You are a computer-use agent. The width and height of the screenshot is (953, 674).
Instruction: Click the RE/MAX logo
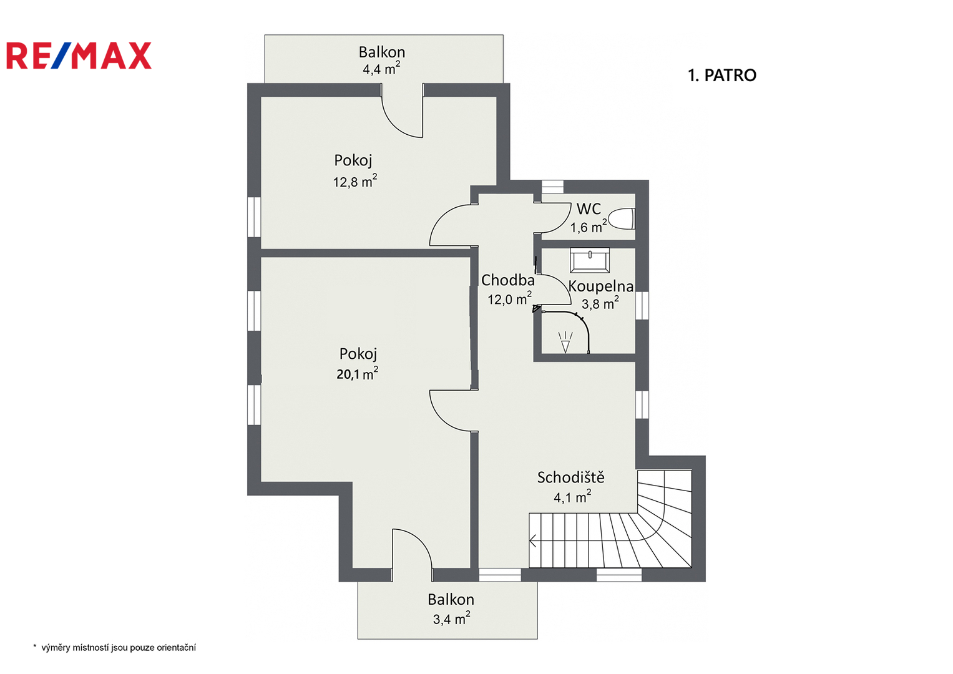pyautogui.click(x=79, y=56)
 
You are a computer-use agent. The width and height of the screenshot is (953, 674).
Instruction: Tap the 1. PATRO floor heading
pyautogui.click(x=722, y=76)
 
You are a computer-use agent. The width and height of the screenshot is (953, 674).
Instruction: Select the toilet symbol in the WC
pyautogui.click(x=622, y=219)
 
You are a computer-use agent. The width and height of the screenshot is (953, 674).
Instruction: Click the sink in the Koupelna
pyautogui.click(x=590, y=260)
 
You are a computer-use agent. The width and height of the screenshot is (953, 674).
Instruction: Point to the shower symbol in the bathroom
pyautogui.click(x=565, y=342)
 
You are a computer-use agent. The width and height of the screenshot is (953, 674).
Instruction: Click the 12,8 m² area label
pyautogui.click(x=355, y=181)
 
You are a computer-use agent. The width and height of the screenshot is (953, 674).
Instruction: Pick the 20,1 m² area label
pyautogui.click(x=358, y=373)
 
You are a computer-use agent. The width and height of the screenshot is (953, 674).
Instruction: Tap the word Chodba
pyautogui.click(x=507, y=280)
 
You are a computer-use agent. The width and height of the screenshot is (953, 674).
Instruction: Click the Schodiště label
pyautogui.click(x=570, y=477)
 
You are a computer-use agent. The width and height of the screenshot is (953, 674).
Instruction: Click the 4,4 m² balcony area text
pyautogui.click(x=381, y=68)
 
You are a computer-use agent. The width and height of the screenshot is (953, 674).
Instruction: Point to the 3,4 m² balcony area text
pyautogui.click(x=451, y=618)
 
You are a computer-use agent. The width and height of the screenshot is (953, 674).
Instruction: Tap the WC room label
pyautogui.click(x=589, y=208)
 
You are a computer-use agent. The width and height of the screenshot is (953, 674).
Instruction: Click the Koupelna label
pyautogui.click(x=601, y=286)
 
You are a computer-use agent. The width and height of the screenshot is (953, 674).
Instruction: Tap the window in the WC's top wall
pyautogui.click(x=552, y=187)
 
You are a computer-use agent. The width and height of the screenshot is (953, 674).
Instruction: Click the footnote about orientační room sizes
pyautogui.click(x=114, y=648)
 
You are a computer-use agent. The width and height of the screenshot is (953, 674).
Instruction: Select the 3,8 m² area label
pyautogui.click(x=600, y=303)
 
